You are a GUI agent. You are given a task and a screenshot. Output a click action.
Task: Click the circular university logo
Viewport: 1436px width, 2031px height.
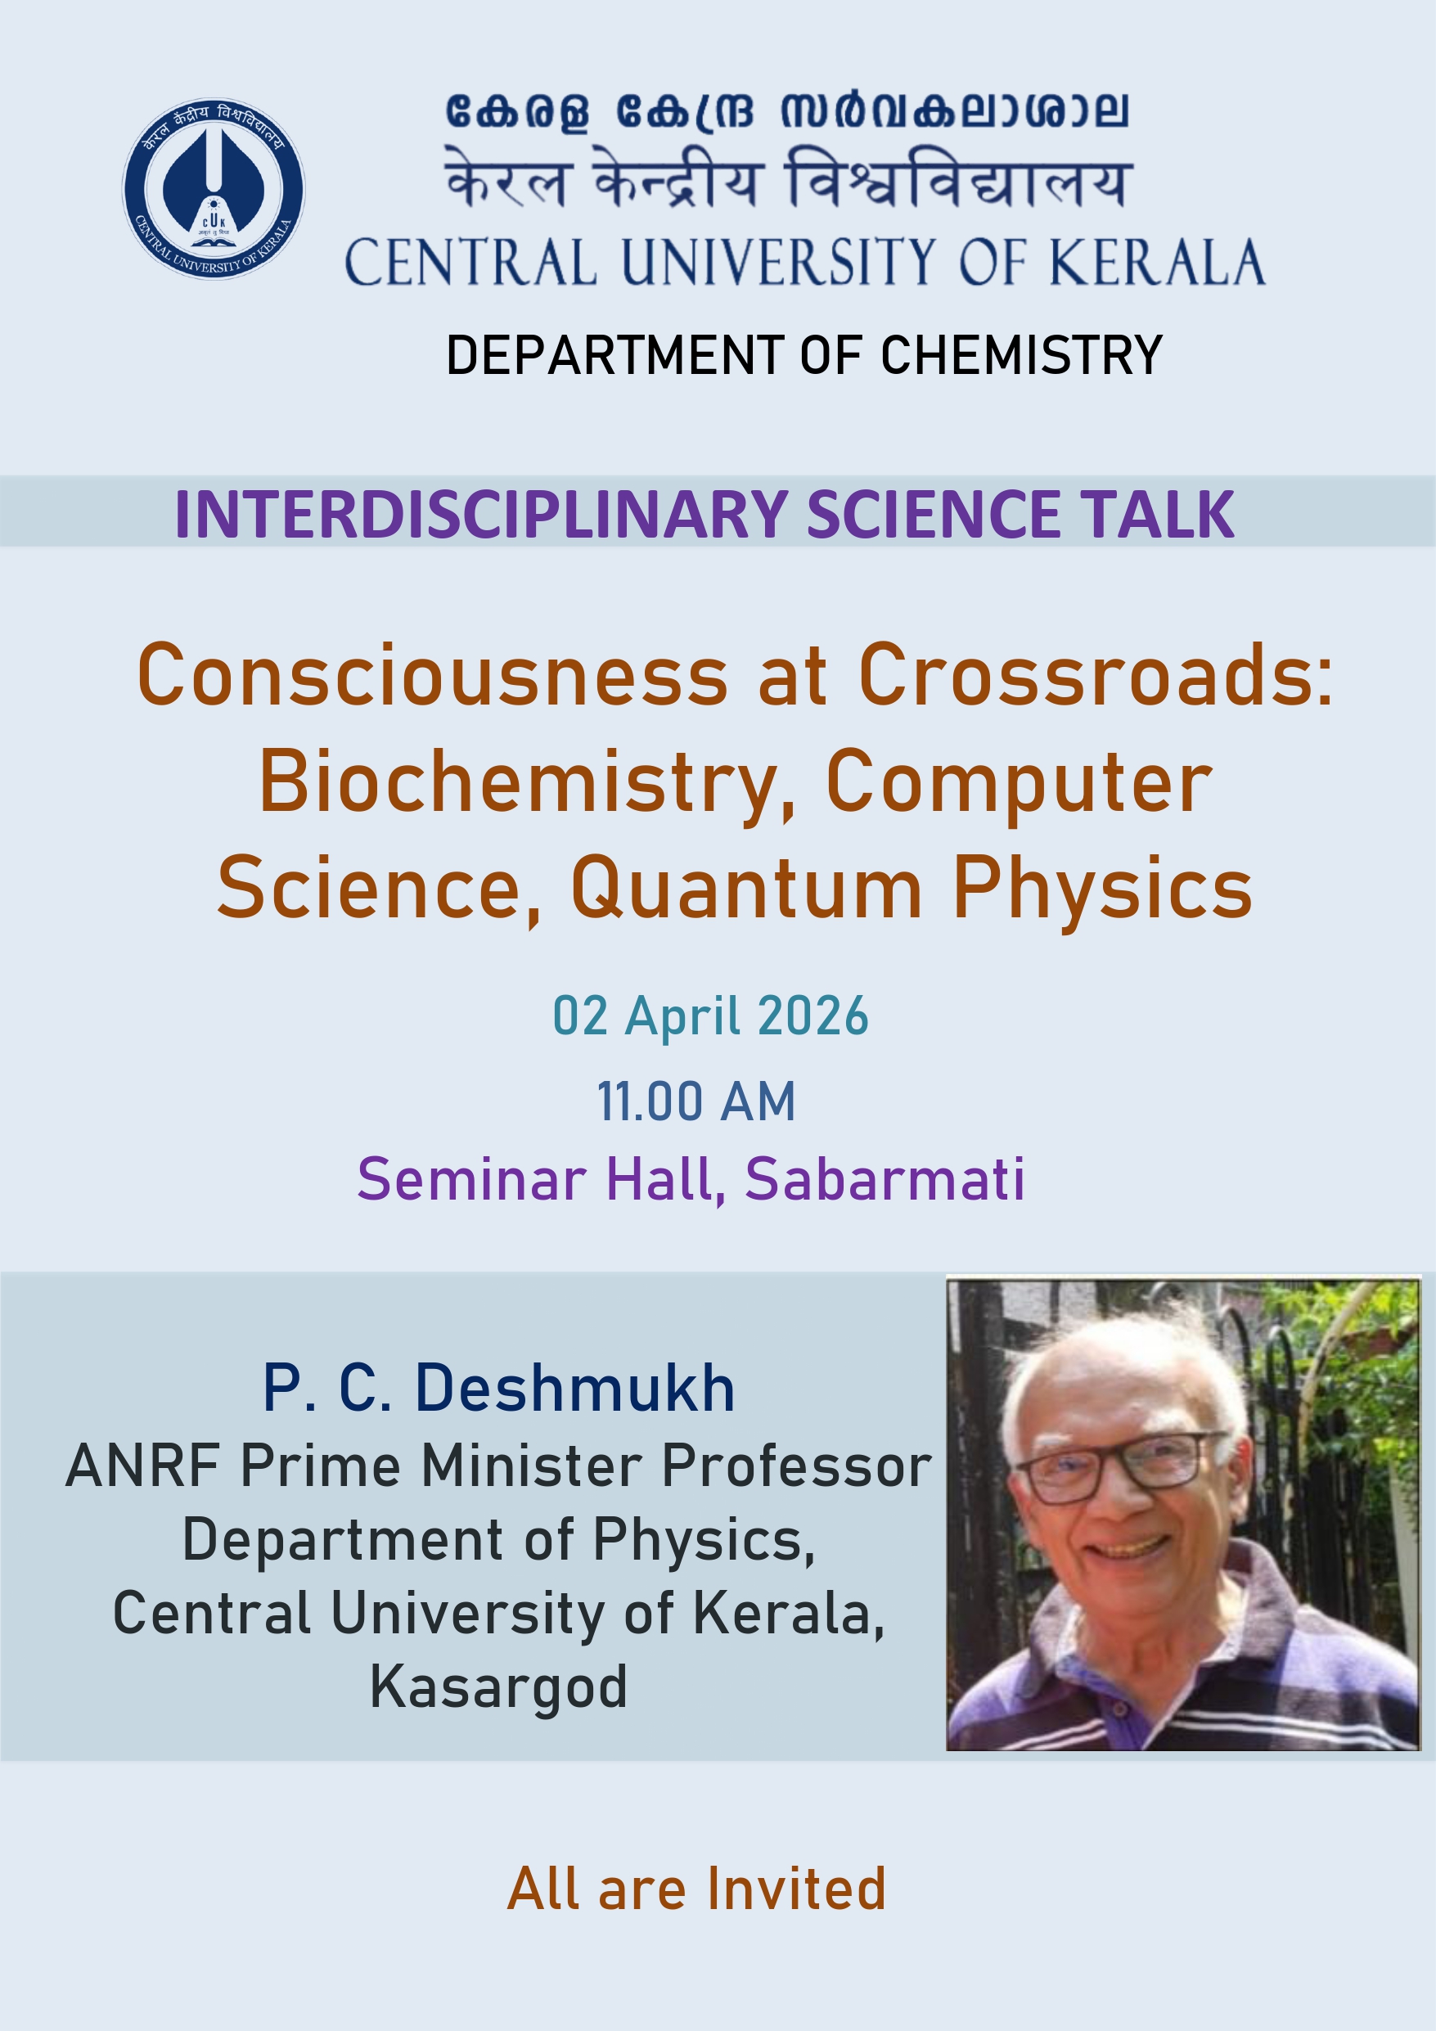pyautogui.click(x=214, y=188)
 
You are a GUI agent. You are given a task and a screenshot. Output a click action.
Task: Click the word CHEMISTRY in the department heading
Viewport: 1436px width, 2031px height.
pyautogui.click(x=1021, y=356)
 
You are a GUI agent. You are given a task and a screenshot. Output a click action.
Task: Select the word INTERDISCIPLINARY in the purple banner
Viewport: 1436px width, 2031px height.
pyautogui.click(x=481, y=514)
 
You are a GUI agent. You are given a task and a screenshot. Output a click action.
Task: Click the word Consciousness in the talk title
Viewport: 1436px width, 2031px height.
pyautogui.click(x=433, y=675)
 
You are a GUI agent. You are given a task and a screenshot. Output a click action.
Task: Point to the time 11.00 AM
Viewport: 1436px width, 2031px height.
pyautogui.click(x=696, y=1102)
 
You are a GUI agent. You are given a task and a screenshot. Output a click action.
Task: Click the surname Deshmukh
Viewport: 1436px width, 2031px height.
pyautogui.click(x=575, y=1388)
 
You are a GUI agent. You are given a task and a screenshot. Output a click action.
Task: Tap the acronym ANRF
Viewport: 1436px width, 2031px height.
pyautogui.click(x=142, y=1466)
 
